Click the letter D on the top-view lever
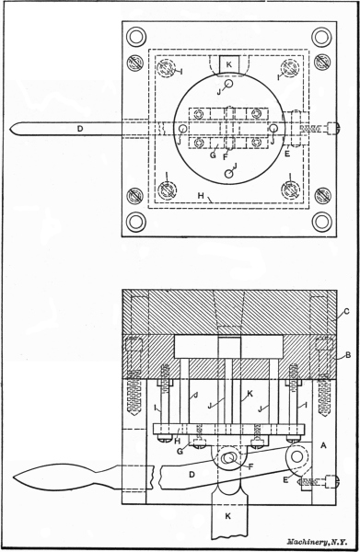80,129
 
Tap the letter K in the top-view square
229,64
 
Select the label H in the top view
201,195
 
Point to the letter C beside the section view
346,311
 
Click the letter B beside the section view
348,355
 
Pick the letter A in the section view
323,445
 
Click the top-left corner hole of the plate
136,36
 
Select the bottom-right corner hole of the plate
322,222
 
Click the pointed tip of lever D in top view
10,129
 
